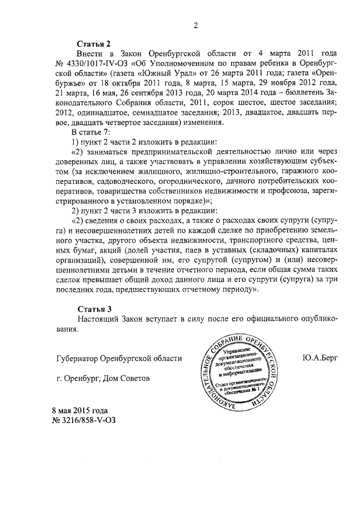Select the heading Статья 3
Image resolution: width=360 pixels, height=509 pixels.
(94, 309)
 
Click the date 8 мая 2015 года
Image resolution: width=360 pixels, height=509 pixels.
(79, 410)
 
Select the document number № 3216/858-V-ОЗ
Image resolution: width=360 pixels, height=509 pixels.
(85, 420)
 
